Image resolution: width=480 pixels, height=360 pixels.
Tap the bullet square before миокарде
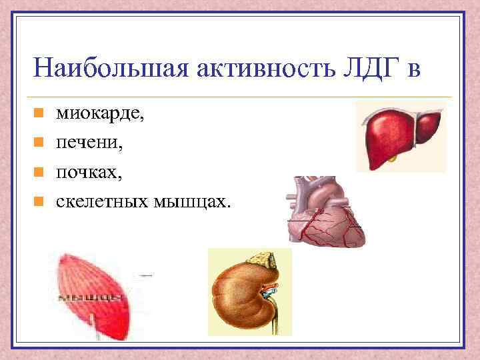pyautogui.click(x=39, y=114)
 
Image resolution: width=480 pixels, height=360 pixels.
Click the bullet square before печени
pyautogui.click(x=39, y=142)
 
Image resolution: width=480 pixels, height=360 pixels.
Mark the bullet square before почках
pyautogui.click(x=39, y=171)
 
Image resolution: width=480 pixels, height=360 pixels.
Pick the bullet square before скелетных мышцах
pyautogui.click(x=39, y=200)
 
